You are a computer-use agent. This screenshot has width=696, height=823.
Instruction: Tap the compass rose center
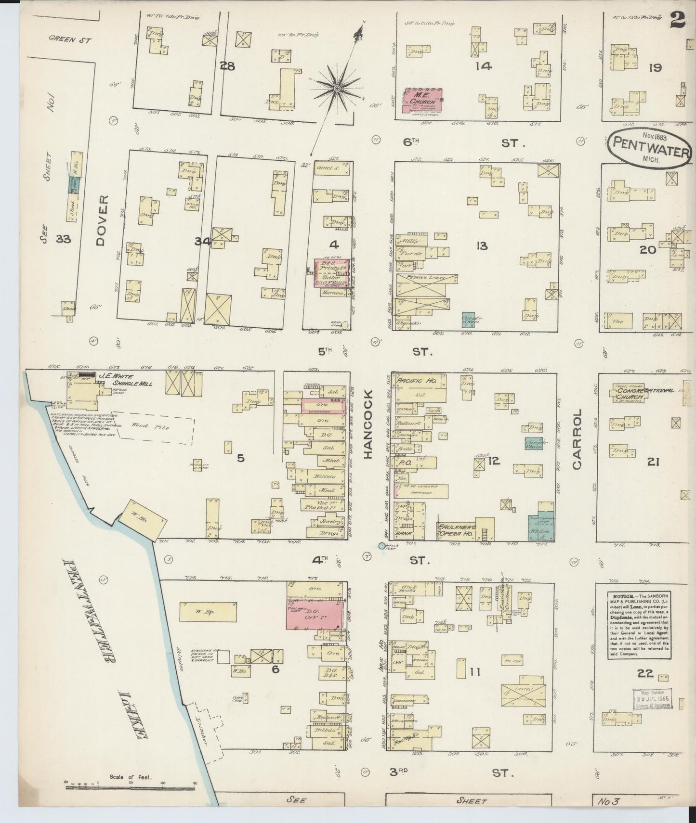pos(337,89)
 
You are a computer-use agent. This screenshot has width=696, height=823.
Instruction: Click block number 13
pos(482,246)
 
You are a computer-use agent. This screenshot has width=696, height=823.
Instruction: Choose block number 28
pos(227,66)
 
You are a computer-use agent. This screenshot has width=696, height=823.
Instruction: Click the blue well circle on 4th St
pos(382,546)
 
